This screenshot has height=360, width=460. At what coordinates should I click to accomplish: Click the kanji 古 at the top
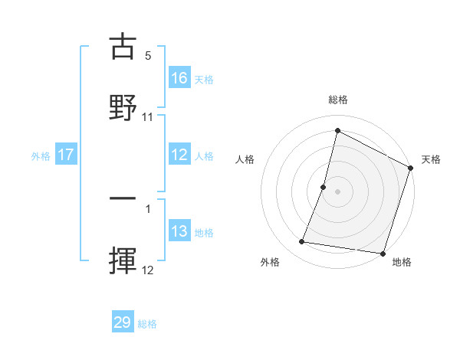point(123,47)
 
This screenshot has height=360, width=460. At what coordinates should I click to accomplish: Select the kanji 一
point(123,198)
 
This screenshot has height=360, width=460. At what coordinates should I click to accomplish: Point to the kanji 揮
point(123,258)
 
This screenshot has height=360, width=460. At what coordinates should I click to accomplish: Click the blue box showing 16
point(179,78)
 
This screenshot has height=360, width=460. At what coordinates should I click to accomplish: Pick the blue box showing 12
point(179,155)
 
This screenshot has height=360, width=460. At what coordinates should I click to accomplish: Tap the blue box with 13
point(179,231)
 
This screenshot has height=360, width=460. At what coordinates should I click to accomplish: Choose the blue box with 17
point(66,155)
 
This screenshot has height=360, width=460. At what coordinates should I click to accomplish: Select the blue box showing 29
point(123,322)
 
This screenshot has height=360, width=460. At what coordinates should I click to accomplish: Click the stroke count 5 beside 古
point(148,56)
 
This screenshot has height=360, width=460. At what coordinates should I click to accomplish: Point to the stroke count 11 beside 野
point(148,116)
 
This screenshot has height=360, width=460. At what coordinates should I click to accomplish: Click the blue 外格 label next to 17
point(41,155)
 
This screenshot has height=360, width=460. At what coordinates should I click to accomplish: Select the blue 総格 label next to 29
point(147,324)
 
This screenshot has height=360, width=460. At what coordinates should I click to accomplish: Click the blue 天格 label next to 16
point(204,79)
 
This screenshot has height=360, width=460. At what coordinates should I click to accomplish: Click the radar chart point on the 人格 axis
point(324,187)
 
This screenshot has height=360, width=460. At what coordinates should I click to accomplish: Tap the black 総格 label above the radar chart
point(338,100)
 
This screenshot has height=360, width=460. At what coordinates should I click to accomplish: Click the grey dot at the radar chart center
point(338,190)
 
